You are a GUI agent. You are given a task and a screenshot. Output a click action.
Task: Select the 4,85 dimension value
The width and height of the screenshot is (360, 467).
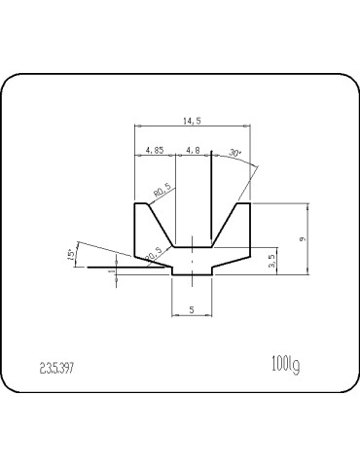[x=153, y=150]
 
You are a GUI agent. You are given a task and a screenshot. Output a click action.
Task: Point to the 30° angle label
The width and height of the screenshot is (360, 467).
[x=234, y=153]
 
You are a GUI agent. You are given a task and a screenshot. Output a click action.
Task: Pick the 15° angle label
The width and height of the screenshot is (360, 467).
[x=70, y=254]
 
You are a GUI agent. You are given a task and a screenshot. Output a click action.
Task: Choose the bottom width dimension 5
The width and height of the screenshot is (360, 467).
[x=192, y=309]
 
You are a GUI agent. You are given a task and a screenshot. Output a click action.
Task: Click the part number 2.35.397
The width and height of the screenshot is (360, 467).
[x=57, y=368]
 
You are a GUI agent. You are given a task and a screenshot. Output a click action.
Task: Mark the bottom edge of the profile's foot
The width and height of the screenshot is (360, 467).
[x=192, y=275]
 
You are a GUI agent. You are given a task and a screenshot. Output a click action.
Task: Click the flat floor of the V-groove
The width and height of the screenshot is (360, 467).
[x=193, y=247]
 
